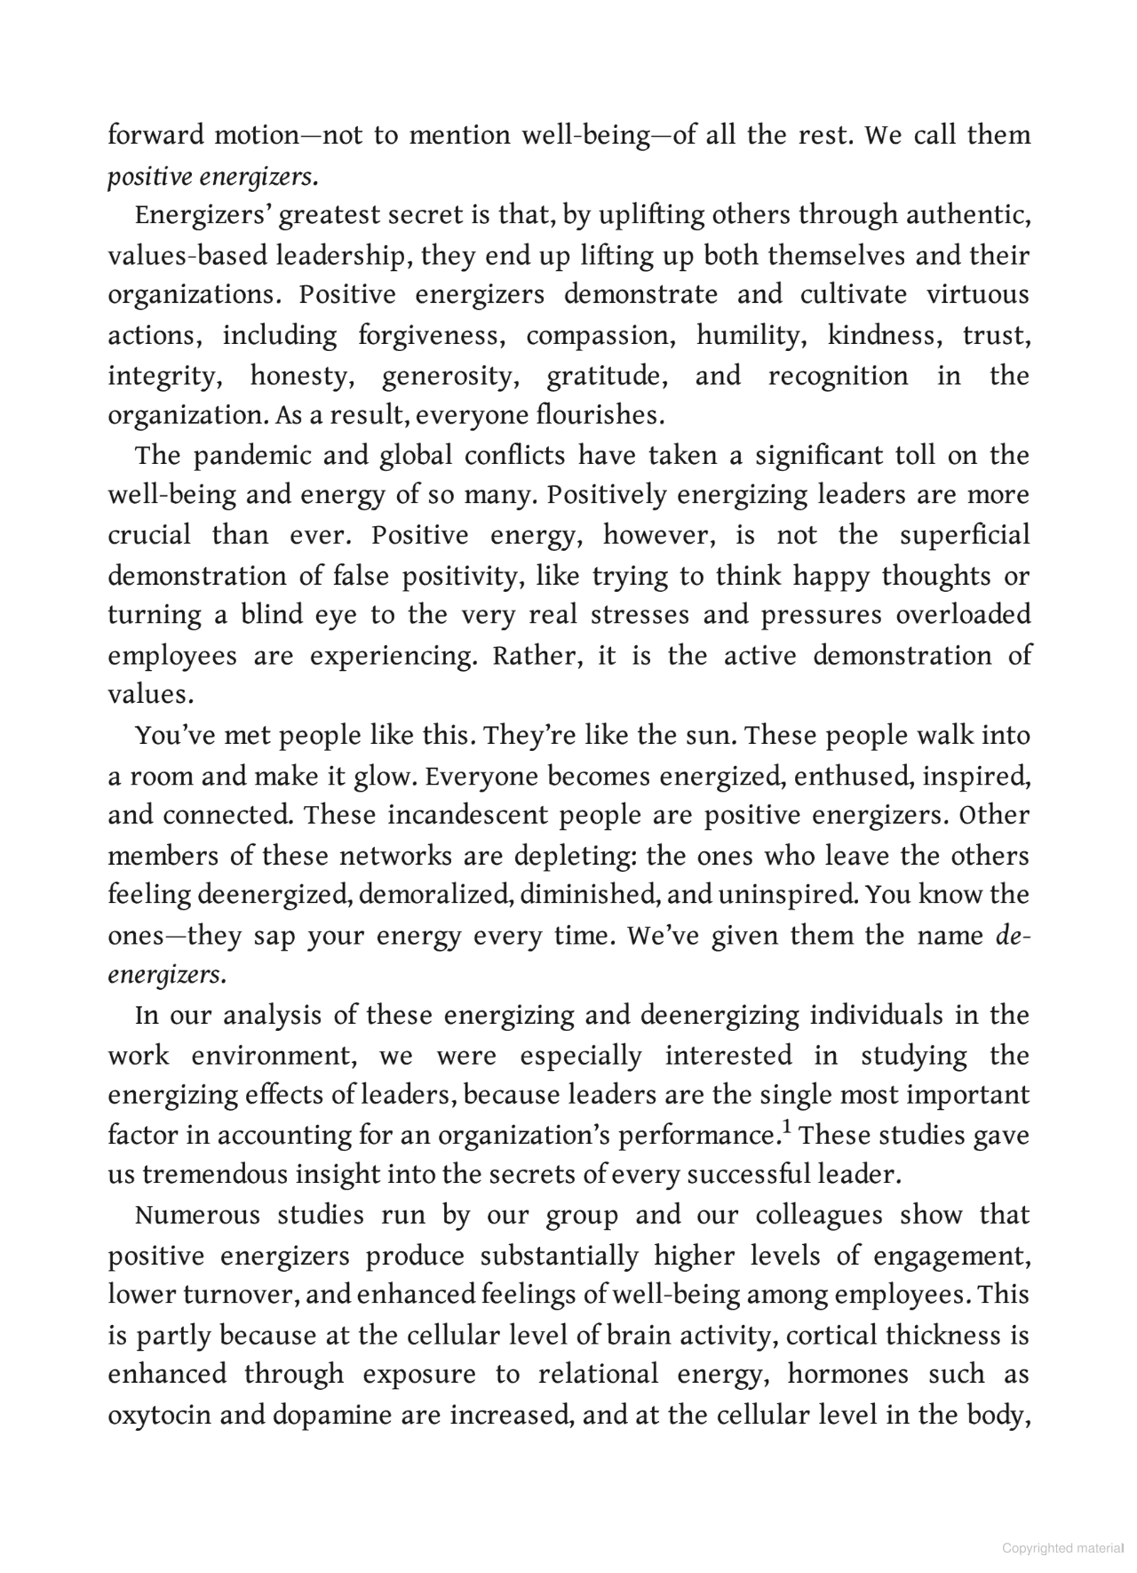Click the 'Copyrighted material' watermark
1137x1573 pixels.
tap(1062, 1549)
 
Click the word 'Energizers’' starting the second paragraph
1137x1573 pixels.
tap(203, 216)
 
